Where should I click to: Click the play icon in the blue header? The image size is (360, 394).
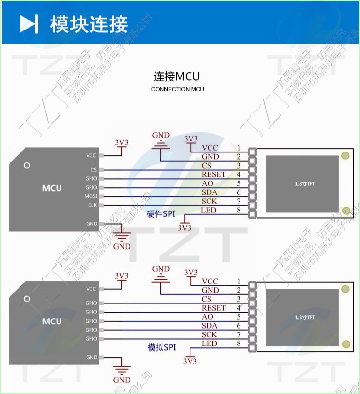pos(29,24)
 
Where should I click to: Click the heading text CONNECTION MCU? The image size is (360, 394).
pos(178,89)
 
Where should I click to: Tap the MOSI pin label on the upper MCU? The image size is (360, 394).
pos(91,196)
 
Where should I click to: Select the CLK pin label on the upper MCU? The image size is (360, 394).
pos(92,205)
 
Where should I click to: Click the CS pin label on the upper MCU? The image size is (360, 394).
pos(93,170)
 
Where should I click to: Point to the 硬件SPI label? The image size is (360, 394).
pos(161,214)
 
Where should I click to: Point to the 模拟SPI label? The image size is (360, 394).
pos(161,348)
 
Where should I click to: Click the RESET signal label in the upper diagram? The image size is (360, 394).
pos(214,174)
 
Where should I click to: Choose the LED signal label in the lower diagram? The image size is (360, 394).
pos(209,343)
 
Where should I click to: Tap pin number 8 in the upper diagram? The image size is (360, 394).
pos(238,210)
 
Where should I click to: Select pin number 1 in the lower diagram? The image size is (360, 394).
pos(238,282)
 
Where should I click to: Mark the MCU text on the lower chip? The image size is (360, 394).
pos(52,322)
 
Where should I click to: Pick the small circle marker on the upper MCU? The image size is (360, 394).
pos(27,165)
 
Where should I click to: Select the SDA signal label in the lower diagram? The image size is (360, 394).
pos(210,326)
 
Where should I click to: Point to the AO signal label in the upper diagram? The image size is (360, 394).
pos(208,183)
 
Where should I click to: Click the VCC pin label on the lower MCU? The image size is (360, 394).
pos(91,289)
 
